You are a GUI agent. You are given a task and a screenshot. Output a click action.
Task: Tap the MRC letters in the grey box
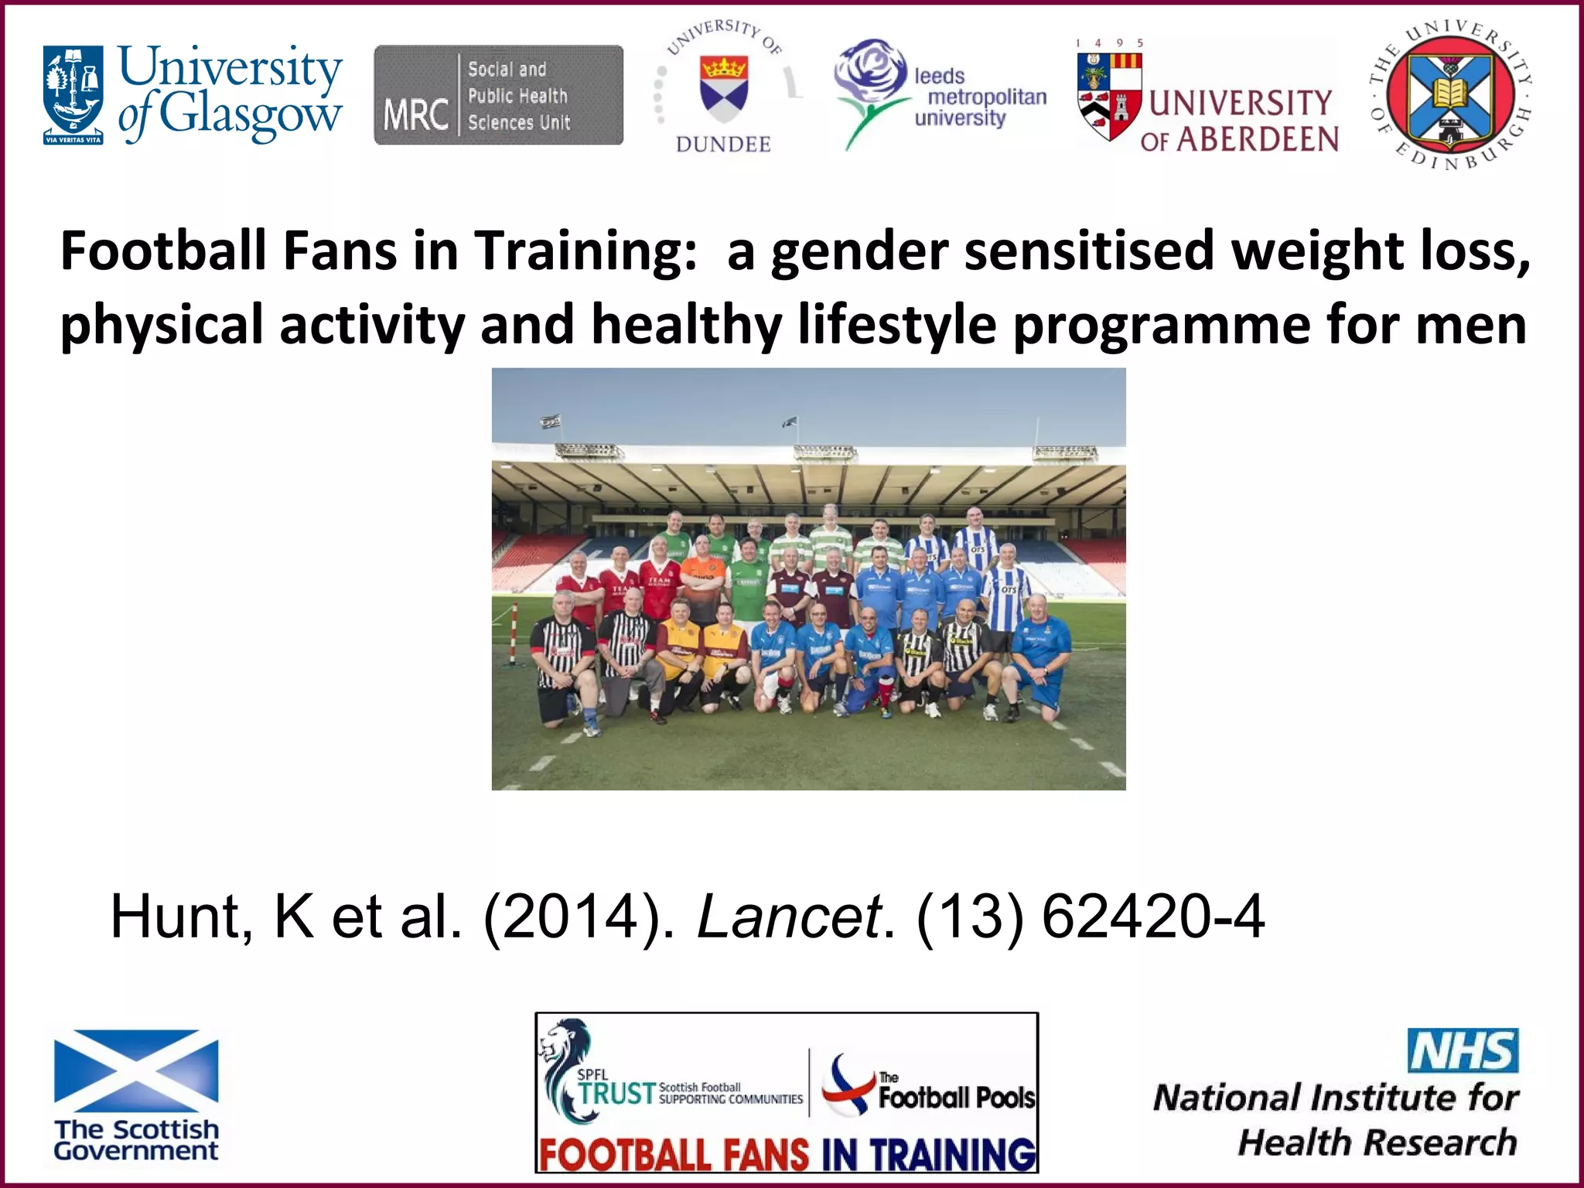click(x=415, y=114)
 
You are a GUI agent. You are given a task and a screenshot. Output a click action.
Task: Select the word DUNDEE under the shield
click(x=723, y=145)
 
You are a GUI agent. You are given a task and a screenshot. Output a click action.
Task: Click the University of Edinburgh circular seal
click(x=1450, y=96)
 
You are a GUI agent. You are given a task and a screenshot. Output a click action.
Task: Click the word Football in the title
click(x=163, y=251)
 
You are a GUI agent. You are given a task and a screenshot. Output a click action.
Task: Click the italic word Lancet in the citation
click(x=789, y=917)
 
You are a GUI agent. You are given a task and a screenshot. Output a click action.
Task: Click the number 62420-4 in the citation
click(x=1152, y=917)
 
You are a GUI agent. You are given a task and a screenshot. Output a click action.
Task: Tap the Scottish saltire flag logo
click(x=136, y=1071)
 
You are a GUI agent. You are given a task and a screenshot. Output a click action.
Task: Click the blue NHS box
click(x=1462, y=1050)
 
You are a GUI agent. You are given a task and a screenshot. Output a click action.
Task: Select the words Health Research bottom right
click(x=1377, y=1142)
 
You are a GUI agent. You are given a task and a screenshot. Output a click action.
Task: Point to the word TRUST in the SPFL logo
click(x=616, y=1093)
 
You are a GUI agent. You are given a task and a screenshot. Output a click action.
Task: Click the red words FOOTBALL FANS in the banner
click(x=673, y=1155)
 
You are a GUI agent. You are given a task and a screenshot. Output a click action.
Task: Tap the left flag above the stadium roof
click(x=550, y=422)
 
